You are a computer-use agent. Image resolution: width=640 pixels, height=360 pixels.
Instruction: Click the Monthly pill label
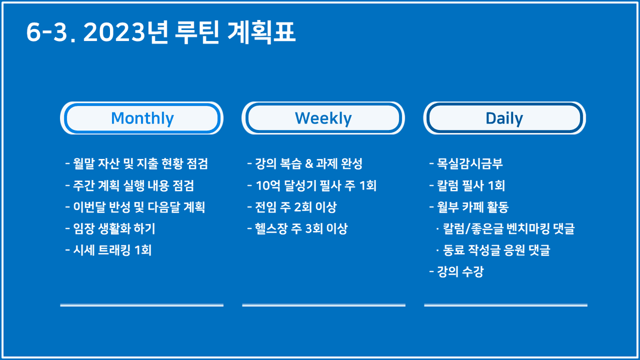(x=142, y=118)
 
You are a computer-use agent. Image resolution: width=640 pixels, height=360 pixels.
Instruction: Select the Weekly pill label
(x=323, y=118)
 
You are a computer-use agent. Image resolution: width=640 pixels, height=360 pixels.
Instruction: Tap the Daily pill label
(x=504, y=118)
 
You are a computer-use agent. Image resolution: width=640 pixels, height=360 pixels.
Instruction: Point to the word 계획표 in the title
(x=262, y=32)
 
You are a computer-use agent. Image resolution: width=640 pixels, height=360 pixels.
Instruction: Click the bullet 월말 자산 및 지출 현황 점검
(x=136, y=164)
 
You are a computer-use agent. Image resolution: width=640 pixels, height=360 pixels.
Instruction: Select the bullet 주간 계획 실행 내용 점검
(x=129, y=185)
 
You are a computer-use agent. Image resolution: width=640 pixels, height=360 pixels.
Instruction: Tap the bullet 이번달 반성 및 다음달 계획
(x=135, y=207)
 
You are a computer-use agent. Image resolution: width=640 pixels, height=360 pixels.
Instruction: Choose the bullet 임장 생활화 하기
(x=111, y=228)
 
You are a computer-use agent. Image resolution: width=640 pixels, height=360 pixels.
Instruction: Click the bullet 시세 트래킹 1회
(x=108, y=250)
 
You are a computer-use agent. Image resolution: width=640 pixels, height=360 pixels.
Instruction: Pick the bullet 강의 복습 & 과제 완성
(x=305, y=164)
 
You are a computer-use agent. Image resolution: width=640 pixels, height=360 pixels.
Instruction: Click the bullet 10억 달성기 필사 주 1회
(x=312, y=185)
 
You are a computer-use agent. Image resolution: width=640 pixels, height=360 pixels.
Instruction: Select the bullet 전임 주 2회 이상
(x=292, y=207)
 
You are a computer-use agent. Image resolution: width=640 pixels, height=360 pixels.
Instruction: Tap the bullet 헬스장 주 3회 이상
(x=297, y=228)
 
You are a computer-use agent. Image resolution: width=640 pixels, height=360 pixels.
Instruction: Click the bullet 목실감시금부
(x=466, y=164)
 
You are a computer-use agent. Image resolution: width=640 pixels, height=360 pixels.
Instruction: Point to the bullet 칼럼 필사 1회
(x=467, y=185)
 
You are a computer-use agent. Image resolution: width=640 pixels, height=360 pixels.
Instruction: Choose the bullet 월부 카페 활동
(x=469, y=207)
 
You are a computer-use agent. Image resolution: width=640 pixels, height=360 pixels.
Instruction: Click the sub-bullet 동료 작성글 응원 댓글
(x=493, y=250)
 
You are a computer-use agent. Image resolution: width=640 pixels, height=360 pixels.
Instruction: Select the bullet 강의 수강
(x=456, y=272)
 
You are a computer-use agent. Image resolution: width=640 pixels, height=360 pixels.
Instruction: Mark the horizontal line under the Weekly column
(x=324, y=305)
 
